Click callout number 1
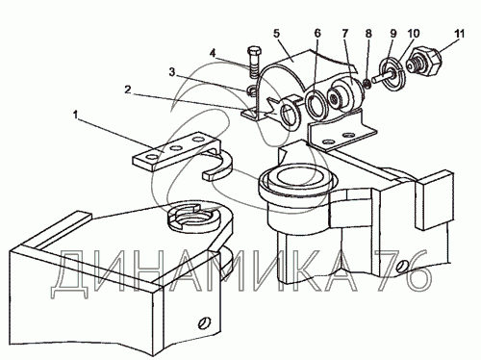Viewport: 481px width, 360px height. [x=75, y=115]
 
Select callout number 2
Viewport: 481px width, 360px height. [x=128, y=90]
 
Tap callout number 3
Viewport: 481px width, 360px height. [x=172, y=72]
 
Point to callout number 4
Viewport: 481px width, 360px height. [x=213, y=53]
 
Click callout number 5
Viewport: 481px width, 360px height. [x=277, y=33]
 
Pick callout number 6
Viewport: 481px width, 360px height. [x=317, y=34]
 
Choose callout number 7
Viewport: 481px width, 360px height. [x=345, y=34]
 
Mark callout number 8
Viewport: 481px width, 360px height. [x=368, y=34]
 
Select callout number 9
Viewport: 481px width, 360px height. [x=393, y=34]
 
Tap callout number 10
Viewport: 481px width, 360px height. [x=414, y=34]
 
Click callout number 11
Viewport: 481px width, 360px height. [x=460, y=34]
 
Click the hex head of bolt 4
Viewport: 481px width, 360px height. [x=254, y=51]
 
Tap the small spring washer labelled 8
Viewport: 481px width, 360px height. [x=367, y=83]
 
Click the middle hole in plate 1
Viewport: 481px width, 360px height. [x=175, y=148]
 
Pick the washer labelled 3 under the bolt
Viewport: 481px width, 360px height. [x=252, y=91]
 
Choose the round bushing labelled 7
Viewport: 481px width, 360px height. [x=344, y=95]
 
